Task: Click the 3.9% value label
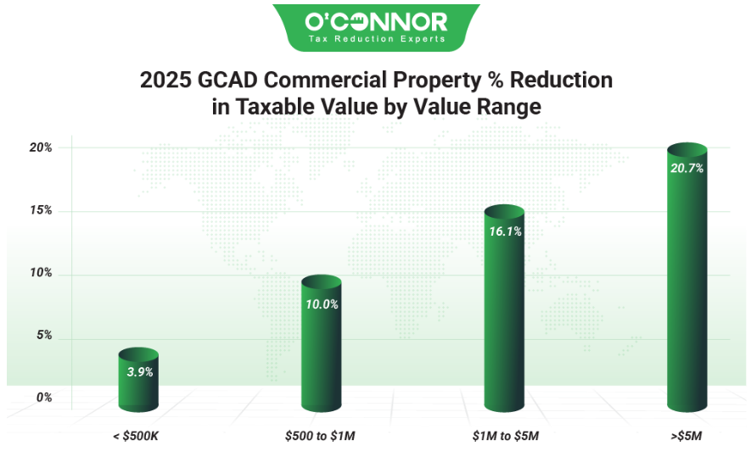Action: (139, 372)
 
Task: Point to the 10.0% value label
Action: (322, 304)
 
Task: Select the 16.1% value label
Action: (505, 231)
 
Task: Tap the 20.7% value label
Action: (687, 168)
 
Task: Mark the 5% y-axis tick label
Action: (42, 335)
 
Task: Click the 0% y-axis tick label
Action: (42, 397)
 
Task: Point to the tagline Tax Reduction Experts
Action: (376, 39)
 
